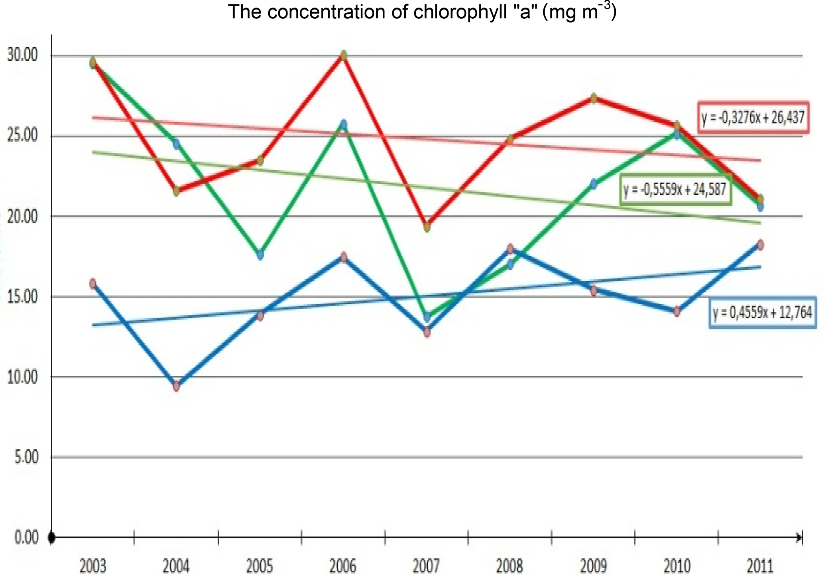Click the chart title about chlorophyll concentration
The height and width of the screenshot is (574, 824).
[x=422, y=12]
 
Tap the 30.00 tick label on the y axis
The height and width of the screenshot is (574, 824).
[x=23, y=55]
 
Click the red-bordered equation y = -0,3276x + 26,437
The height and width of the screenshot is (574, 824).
[x=753, y=118]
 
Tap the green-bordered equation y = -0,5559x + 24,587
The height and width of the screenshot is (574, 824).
[x=675, y=189]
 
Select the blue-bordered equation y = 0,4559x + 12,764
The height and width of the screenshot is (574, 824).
[x=762, y=313]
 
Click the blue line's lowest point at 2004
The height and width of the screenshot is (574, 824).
[x=176, y=386]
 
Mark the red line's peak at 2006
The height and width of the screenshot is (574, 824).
[x=343, y=55]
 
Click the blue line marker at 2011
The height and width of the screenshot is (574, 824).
[x=760, y=245]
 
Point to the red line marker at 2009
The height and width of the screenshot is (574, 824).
[x=594, y=98]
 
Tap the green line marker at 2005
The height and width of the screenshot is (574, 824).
[x=260, y=254]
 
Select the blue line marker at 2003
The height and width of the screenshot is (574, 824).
[x=93, y=284]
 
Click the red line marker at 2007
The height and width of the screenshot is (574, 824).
[x=427, y=227]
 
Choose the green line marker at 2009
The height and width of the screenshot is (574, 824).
[x=594, y=184]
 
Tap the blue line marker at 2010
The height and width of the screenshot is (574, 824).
[x=677, y=311]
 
